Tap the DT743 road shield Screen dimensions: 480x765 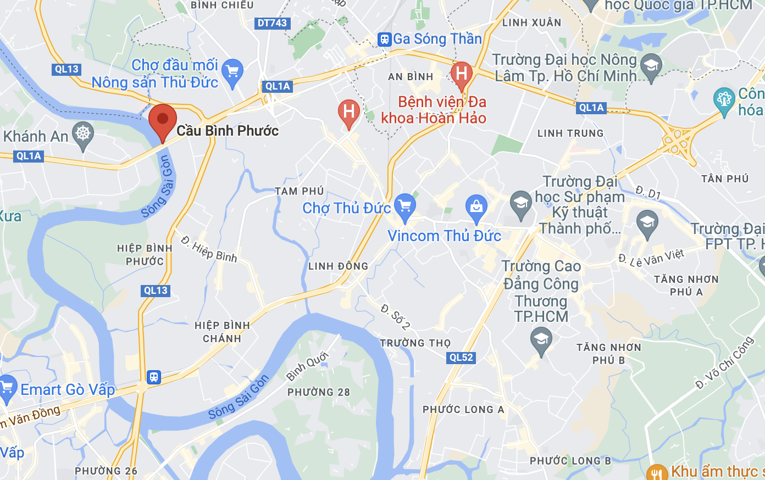click(x=273, y=23)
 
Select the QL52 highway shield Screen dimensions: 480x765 click(x=461, y=358)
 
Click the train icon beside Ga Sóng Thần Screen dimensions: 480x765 click(x=384, y=39)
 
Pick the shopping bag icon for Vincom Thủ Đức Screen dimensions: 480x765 click(x=476, y=207)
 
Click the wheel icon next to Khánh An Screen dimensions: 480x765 click(x=83, y=133)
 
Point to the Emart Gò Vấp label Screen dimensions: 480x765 click(x=68, y=390)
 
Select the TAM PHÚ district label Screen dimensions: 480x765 click(x=300, y=191)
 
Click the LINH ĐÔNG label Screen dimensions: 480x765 click(x=338, y=266)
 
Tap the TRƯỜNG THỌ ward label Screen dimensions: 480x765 click(x=415, y=343)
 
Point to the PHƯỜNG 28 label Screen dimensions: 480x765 click(x=319, y=393)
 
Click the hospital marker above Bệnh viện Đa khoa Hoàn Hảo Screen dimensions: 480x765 click(x=462, y=74)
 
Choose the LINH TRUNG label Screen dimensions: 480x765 click(x=570, y=133)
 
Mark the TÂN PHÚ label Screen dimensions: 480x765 click(x=725, y=178)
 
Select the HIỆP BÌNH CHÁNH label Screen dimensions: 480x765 click(x=222, y=332)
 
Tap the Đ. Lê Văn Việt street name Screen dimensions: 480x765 click(x=651, y=257)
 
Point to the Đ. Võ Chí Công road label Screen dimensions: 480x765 click(x=724, y=363)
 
